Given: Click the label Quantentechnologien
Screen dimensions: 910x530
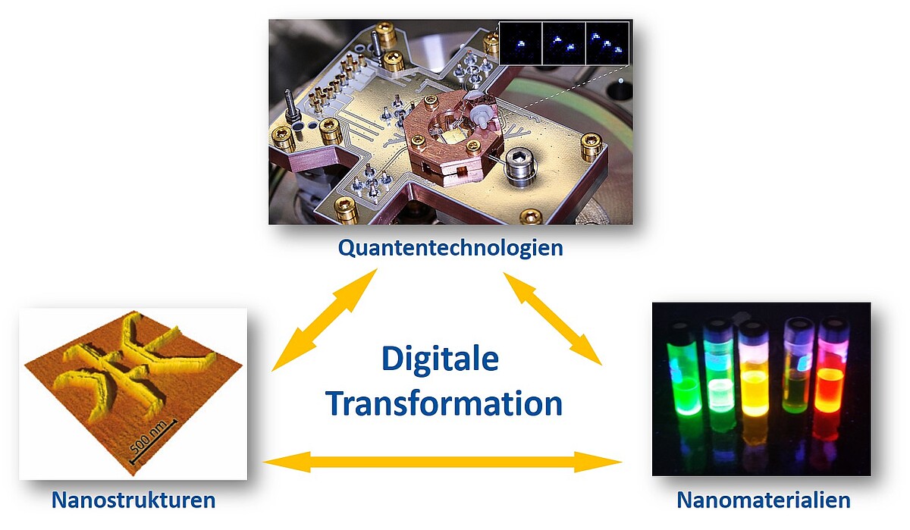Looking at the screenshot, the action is point(450,248).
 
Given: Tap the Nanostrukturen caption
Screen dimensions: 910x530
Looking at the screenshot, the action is point(133,500).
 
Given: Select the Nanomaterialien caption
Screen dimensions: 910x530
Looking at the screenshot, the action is point(764,500).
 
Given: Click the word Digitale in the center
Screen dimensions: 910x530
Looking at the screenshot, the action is point(441,359).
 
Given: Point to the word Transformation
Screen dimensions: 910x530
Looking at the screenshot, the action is point(444,403).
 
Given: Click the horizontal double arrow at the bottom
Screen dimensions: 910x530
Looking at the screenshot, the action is point(442,462).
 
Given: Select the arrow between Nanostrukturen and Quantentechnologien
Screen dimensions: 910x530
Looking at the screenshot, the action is point(325,320).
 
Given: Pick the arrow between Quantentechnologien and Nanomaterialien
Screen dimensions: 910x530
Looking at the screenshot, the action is point(553,318).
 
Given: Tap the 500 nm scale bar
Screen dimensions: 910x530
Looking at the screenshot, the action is point(153,442).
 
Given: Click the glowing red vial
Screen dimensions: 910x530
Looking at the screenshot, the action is point(831,380).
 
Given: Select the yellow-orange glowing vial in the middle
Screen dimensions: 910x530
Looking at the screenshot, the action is point(755,374).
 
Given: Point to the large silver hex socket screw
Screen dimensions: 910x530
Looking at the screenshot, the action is point(521,166).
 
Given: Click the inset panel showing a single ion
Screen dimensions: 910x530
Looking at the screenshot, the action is point(520,43).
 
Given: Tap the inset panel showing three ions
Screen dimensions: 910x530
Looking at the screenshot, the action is point(607,43).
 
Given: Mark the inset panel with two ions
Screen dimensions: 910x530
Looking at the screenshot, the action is point(564,43).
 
